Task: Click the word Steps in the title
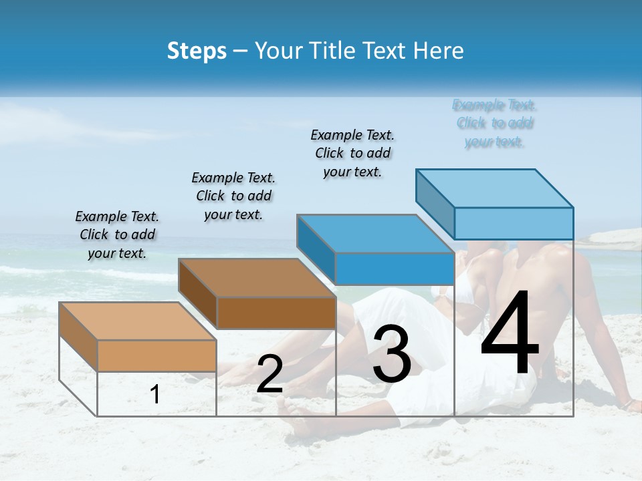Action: pos(197,51)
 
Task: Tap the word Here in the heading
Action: pos(439,51)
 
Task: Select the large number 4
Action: pos(510,334)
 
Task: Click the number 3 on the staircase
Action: pos(391,354)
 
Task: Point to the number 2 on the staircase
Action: pos(270,374)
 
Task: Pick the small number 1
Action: pos(155,394)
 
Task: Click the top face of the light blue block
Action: pos(495,188)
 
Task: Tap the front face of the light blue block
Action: pos(514,223)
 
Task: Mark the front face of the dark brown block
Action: pos(276,313)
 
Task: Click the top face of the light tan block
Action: pos(138,321)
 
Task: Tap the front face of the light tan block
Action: pos(156,355)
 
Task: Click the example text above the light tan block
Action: pos(117,234)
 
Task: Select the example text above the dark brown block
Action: pos(233,196)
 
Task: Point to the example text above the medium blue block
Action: pos(352,153)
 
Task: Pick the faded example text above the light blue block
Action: pos(494,123)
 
